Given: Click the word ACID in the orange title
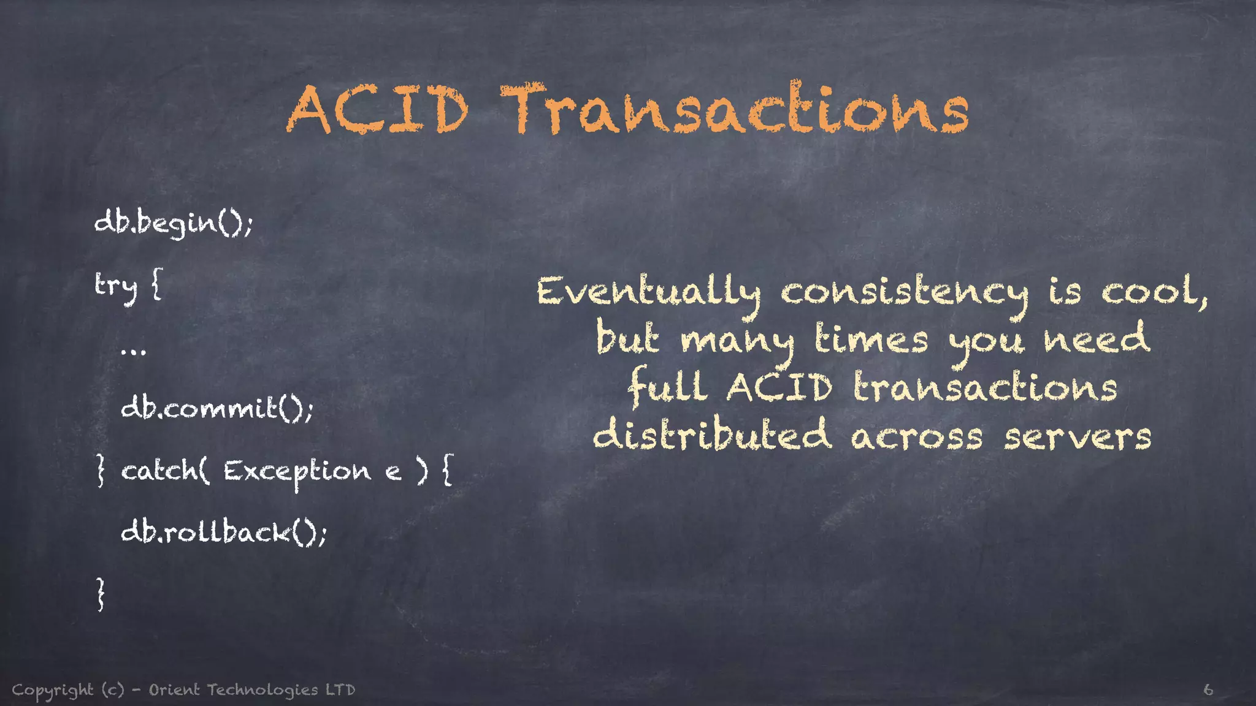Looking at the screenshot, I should coord(377,110).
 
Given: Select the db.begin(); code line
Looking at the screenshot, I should coord(174,222).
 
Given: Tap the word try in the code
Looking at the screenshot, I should coord(116,286).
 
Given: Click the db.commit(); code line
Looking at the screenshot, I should coord(217,408).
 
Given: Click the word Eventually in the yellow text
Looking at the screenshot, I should coord(648,293).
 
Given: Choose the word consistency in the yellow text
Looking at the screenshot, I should coord(905,293).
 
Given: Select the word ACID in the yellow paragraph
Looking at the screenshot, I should coord(779,388).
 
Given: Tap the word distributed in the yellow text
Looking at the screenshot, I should coord(712,436).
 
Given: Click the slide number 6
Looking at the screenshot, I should coord(1208,690).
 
